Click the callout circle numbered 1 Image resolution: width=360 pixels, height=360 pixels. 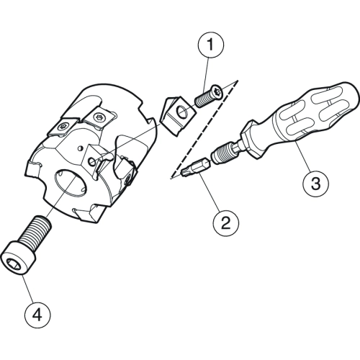click(211, 45)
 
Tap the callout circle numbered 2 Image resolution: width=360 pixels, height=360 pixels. click(226, 222)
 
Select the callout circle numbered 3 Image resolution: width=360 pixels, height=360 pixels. click(315, 183)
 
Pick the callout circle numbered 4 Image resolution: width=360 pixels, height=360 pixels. click(37, 315)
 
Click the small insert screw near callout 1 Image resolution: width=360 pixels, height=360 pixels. click(208, 96)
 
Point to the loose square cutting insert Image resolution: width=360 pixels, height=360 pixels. click(178, 115)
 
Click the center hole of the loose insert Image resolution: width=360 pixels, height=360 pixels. click(182, 111)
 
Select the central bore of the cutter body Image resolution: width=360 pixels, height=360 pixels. click(71, 184)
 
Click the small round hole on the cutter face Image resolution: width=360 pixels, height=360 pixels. click(81, 148)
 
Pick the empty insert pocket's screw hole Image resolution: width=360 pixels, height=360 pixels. click(91, 162)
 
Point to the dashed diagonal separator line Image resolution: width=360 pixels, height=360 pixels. click(204, 130)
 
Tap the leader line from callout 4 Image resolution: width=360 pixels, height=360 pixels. click(27, 289)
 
